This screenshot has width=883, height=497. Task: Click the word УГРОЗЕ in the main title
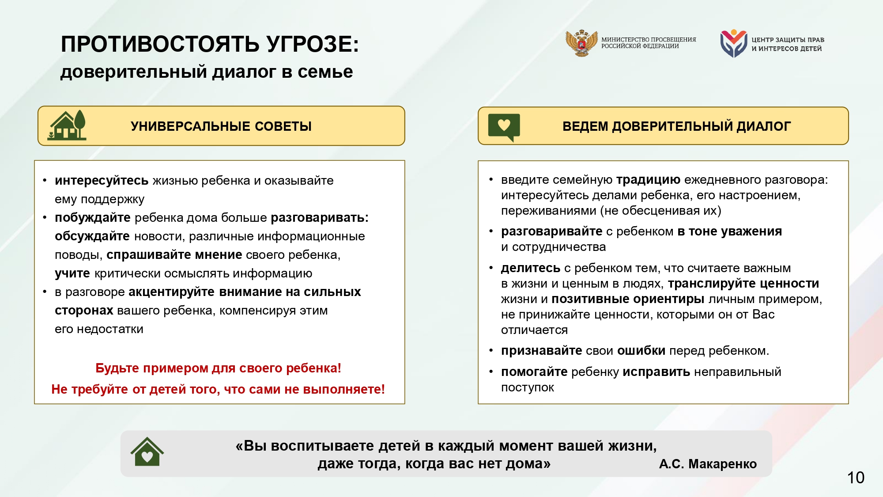(313, 44)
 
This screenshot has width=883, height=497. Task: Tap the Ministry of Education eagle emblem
(581, 43)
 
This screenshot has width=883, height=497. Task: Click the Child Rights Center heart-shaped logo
(733, 43)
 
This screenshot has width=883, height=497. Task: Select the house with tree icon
(67, 125)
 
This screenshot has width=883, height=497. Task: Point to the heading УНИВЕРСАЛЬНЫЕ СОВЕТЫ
(221, 126)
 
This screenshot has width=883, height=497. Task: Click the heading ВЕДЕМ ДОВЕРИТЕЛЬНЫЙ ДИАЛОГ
(676, 126)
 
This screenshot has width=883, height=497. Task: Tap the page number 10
(855, 478)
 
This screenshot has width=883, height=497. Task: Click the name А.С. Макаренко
(707, 464)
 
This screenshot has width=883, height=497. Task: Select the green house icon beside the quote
(147, 452)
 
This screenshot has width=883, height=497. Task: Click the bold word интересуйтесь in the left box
(101, 181)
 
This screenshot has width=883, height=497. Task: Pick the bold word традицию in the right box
(648, 180)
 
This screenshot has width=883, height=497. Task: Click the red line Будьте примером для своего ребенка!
(218, 368)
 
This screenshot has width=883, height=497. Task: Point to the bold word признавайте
(541, 351)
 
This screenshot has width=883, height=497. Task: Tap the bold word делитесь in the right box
(530, 268)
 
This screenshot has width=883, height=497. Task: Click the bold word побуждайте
(92, 218)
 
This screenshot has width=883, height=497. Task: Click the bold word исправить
(656, 372)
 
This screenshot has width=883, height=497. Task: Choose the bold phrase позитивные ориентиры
(627, 299)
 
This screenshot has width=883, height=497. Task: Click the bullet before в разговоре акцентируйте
(45, 292)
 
